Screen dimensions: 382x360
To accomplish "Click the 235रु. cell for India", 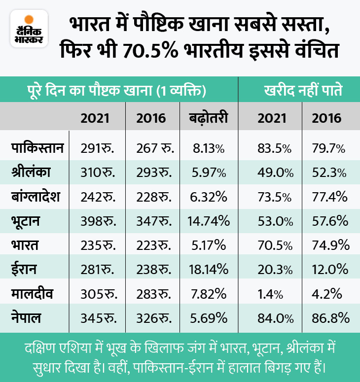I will pos(98,245).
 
